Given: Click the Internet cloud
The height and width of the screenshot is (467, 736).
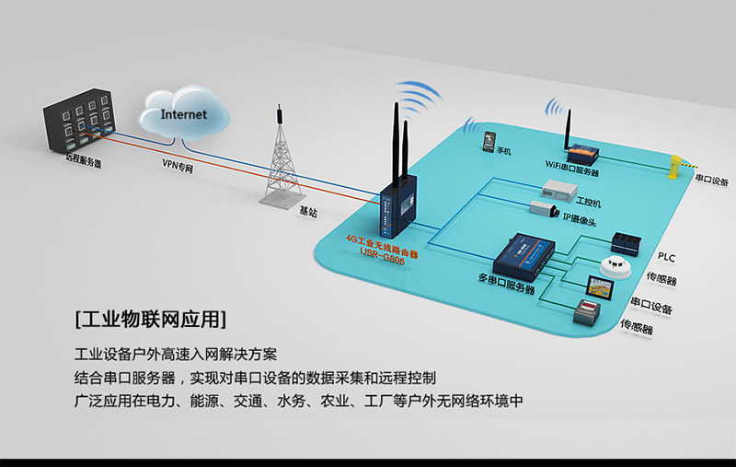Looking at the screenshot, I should pos(184,115).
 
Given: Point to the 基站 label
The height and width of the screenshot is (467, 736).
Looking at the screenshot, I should pos(308,211).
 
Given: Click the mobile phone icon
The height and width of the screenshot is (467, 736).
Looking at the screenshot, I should pos(488,141).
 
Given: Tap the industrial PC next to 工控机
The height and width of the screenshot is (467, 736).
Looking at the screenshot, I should pos(559,191).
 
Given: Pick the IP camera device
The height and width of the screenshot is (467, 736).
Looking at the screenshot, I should pos(544,210).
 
